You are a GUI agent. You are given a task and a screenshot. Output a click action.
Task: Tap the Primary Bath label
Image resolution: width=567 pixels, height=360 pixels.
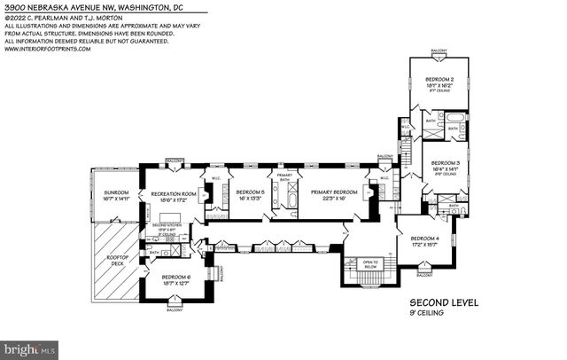[284, 176]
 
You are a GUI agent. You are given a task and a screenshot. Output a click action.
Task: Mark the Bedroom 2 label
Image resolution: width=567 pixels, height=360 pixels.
[439, 80]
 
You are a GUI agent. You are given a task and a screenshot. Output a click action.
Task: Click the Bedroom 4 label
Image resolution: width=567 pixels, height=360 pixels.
[425, 239]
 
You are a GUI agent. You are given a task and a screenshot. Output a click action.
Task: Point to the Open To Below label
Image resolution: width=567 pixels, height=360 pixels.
[369, 263]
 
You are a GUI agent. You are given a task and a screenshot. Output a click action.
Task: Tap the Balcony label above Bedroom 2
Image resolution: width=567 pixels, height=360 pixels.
[439, 51]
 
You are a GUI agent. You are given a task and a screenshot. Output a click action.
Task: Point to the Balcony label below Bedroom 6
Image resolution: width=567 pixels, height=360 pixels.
[174, 309]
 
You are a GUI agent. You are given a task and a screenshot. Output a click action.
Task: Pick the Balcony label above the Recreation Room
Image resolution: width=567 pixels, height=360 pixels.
[175, 160]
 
